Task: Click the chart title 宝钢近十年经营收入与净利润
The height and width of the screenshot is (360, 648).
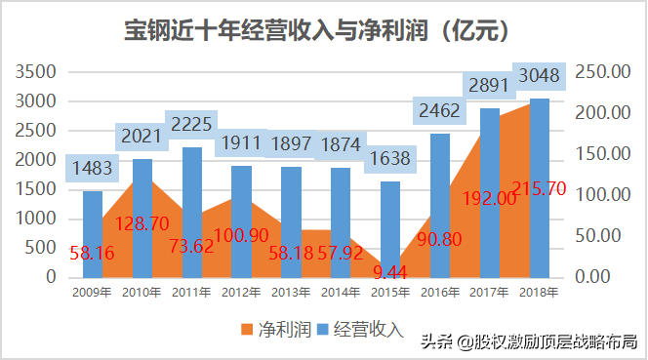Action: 276,30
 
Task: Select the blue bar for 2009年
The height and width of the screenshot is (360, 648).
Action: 93,234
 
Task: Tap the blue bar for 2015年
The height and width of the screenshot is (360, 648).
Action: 390,230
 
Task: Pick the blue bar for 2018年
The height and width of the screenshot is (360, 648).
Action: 540,188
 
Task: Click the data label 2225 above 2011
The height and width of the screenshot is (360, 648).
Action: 191,124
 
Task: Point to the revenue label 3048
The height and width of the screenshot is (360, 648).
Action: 539,76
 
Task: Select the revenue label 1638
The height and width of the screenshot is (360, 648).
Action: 389,158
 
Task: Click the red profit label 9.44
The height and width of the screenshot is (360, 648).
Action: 389,272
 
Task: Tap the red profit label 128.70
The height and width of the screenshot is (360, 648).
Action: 142,223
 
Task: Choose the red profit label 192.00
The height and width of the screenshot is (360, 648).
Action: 489,198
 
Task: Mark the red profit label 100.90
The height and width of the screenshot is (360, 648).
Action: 241,235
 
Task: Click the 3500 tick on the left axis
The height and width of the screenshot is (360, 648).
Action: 35,72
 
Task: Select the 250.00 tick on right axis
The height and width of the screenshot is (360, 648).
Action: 603,72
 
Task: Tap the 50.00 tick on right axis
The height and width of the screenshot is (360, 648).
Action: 598,235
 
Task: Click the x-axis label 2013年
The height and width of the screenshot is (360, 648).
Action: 291,293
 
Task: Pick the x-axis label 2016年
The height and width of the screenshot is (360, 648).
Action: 440,293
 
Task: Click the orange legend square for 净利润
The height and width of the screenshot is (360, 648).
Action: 247,330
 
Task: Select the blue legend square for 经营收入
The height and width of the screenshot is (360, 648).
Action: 322,330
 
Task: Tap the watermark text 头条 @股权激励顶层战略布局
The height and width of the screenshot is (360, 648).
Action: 529,341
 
